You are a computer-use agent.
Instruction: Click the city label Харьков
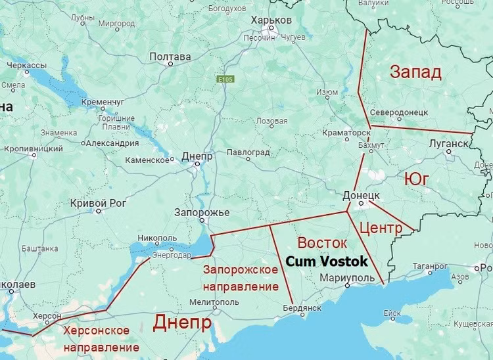tap(271, 20)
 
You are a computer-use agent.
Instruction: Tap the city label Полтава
tap(170, 57)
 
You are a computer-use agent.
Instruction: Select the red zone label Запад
tap(415, 72)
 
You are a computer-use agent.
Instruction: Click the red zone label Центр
tap(381, 228)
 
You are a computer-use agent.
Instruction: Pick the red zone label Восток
tap(322, 242)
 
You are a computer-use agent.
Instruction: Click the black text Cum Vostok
tap(327, 261)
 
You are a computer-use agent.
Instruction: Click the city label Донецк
tap(362, 196)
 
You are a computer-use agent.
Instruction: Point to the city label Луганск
tap(448, 143)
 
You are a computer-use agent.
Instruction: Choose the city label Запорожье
tap(202, 213)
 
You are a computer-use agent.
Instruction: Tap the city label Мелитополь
tap(214, 302)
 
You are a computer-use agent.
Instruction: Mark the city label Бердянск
tap(301, 307)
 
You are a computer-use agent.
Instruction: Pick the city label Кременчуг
tap(103, 102)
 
